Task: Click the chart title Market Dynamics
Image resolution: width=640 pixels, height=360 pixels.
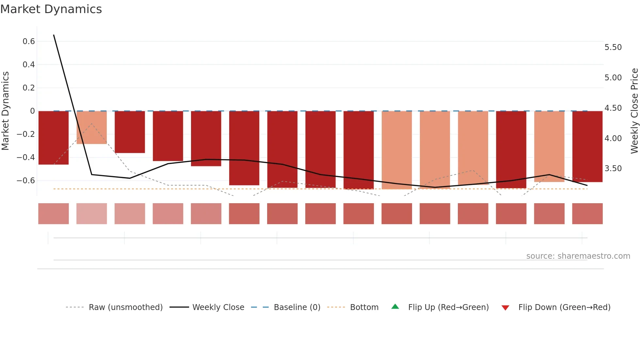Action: pyautogui.click(x=51, y=9)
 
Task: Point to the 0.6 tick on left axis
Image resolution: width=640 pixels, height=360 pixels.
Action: pyautogui.click(x=29, y=41)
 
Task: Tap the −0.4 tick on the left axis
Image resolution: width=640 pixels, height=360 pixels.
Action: pyautogui.click(x=26, y=157)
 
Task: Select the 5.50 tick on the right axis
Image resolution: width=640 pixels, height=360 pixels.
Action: pyautogui.click(x=613, y=47)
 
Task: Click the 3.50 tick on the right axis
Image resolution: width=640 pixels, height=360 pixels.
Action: pyautogui.click(x=613, y=169)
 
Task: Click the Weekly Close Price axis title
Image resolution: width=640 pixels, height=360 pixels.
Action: pyautogui.click(x=634, y=111)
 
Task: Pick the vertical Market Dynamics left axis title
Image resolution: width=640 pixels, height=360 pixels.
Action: pyautogui.click(x=5, y=111)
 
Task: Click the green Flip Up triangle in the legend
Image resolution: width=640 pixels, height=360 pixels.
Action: pyautogui.click(x=395, y=307)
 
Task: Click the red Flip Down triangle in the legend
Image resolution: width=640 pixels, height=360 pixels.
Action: pyautogui.click(x=505, y=308)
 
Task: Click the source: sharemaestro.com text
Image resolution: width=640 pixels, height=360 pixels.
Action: pyautogui.click(x=578, y=256)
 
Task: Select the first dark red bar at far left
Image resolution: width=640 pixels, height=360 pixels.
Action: pyautogui.click(x=54, y=138)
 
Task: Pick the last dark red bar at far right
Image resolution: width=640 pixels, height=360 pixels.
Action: pyautogui.click(x=587, y=146)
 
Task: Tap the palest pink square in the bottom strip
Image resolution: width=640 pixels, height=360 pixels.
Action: pyautogui.click(x=91, y=214)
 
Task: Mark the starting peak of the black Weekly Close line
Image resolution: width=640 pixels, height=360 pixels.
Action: pyautogui.click(x=54, y=35)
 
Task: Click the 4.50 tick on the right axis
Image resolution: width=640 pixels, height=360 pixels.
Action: pyautogui.click(x=613, y=108)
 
